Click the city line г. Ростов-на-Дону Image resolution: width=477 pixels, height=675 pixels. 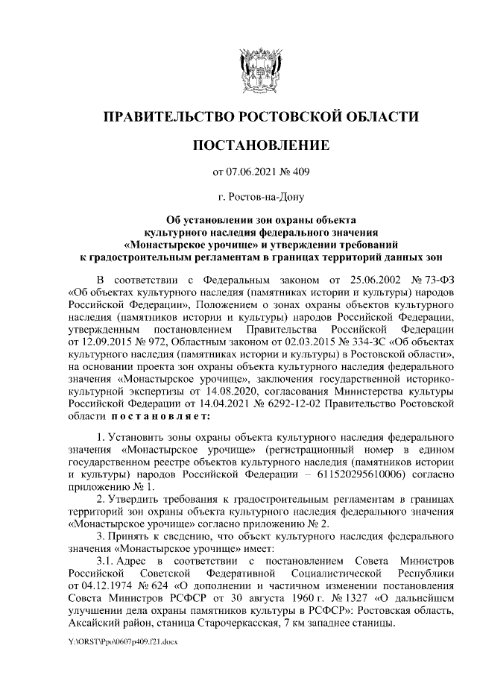(x=260, y=198)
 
